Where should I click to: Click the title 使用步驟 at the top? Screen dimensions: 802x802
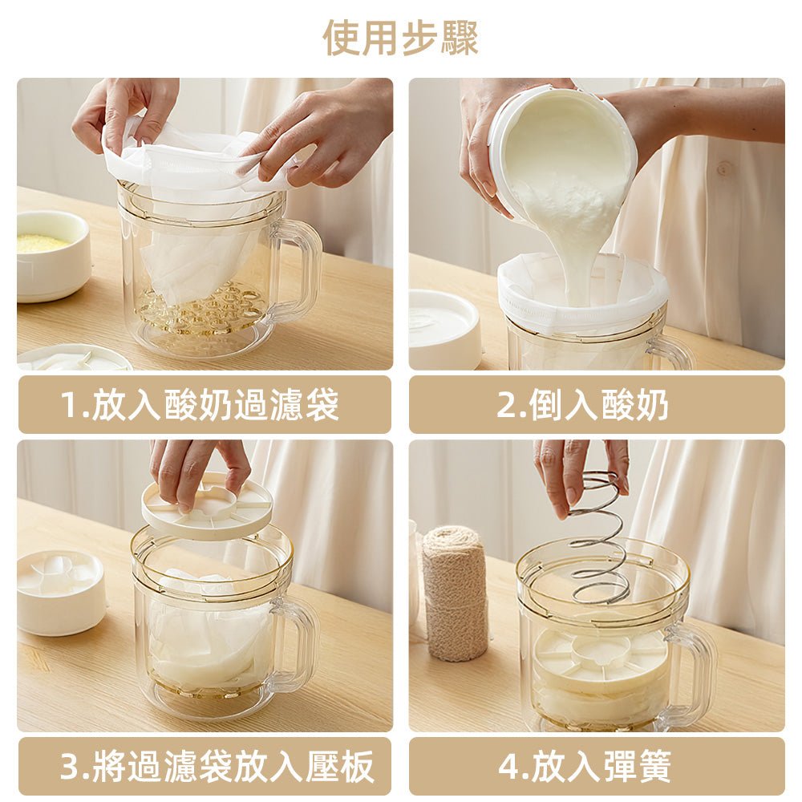tap(400, 37)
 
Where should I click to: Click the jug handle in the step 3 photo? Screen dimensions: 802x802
tap(297, 642)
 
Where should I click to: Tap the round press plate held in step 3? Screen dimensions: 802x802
tap(207, 507)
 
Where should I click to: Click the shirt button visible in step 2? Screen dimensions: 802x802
tap(726, 169)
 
